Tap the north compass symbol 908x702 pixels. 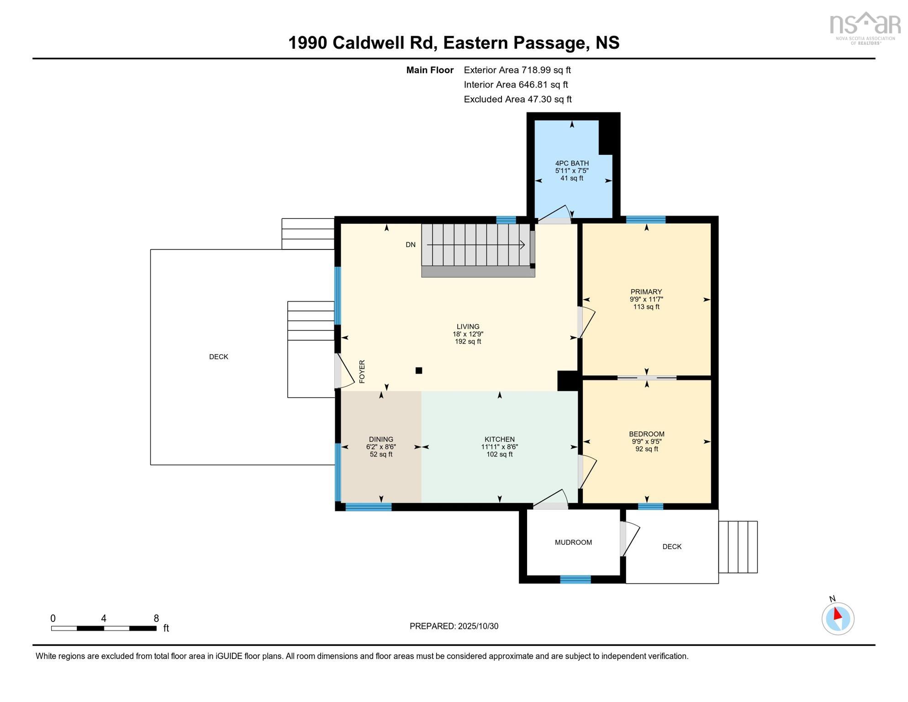838,618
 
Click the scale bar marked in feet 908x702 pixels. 104,628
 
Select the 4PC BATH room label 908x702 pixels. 572,163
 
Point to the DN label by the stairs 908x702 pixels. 411,245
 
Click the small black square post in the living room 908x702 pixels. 419,371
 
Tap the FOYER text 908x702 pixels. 362,372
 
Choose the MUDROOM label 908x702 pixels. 573,542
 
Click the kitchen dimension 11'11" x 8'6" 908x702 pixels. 499,447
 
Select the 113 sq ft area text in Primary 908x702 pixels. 646,307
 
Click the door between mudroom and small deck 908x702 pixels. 629,540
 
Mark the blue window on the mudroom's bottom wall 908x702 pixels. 575,580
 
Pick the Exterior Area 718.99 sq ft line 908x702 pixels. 517,70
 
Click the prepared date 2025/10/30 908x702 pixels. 454,626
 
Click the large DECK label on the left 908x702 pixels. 218,357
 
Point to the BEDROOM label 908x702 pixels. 646,434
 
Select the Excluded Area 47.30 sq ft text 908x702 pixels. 517,99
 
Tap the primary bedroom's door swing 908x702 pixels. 586,323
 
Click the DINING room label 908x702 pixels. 381,439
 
